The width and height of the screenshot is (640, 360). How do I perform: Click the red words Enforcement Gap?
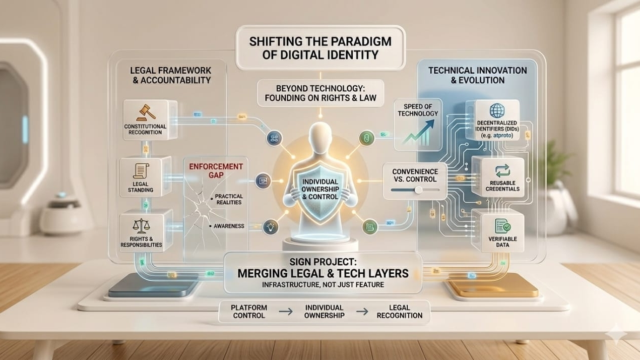216,170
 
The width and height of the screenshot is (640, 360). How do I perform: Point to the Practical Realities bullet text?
228,199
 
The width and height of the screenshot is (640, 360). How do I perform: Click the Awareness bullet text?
228,226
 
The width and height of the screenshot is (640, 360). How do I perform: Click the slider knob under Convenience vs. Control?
418,190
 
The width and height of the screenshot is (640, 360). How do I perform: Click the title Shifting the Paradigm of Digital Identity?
321,47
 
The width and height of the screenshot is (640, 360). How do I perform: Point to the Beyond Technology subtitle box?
320,92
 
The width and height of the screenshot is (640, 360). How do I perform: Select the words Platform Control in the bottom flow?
248,311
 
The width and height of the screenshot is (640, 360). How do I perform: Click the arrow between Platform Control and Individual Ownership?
286,312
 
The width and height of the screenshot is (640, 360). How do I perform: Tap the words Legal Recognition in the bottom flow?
399,311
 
